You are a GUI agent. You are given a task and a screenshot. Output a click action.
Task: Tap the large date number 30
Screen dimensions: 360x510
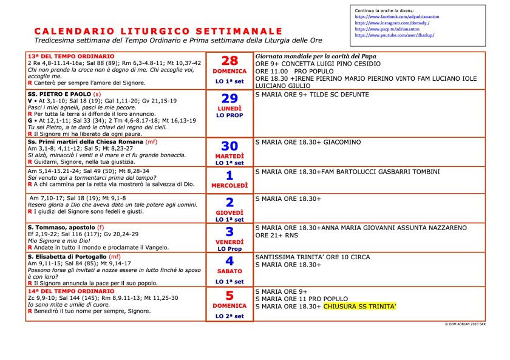229,147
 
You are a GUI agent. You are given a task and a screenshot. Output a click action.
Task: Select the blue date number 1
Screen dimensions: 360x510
229,175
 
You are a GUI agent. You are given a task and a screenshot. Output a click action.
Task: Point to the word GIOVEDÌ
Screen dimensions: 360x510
229,212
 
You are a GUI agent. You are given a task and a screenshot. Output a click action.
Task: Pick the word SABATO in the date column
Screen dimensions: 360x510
229,271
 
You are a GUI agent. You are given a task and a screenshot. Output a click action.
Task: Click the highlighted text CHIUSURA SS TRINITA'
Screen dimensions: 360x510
360,307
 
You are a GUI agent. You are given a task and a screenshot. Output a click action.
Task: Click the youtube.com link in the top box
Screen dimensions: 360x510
395,35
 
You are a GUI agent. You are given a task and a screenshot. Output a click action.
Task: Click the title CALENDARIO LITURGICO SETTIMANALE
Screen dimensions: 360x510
158,31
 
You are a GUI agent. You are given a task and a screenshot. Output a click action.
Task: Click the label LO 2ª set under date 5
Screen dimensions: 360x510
229,316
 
